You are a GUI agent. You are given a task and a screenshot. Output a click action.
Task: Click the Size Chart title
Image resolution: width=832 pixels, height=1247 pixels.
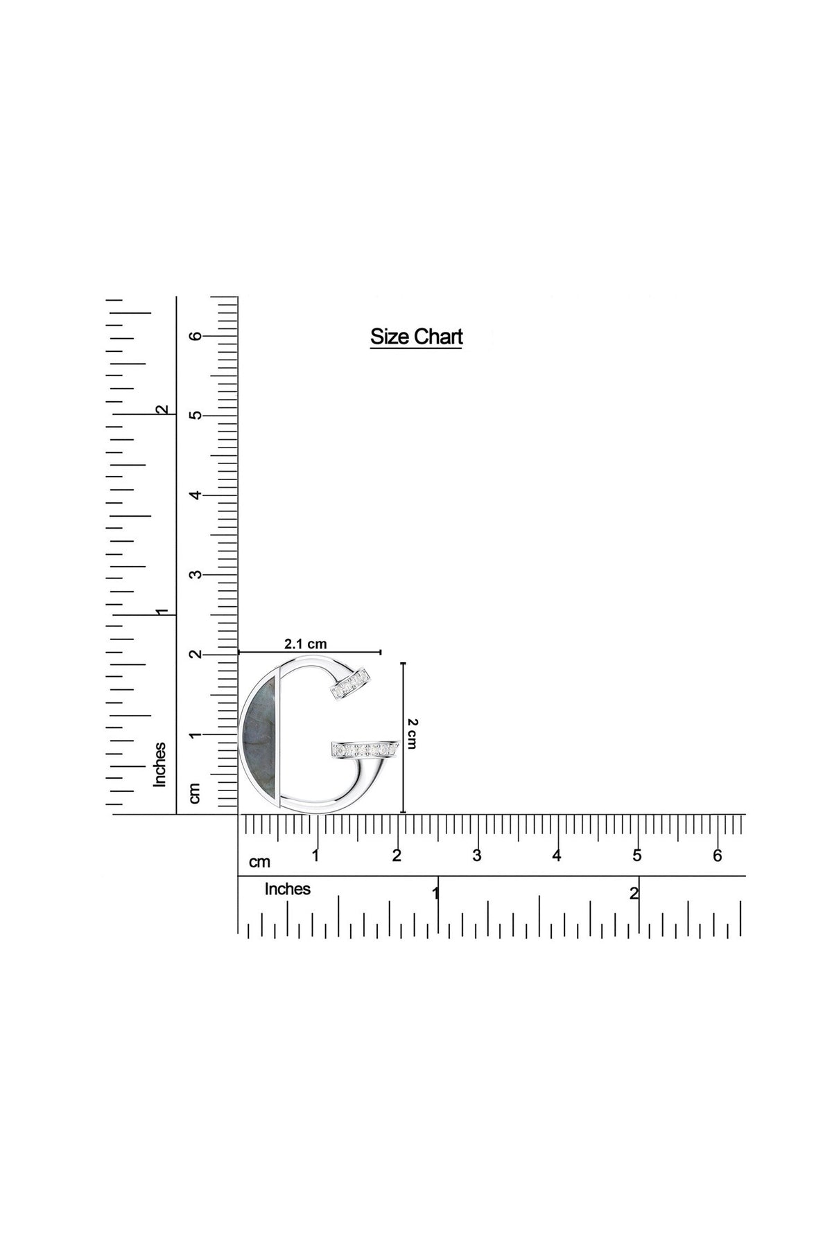[416, 337]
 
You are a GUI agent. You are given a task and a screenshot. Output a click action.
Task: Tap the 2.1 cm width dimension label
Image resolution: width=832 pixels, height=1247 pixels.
[306, 644]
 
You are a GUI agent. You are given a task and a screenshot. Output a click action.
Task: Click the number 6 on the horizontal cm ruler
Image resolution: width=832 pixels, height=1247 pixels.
[717, 856]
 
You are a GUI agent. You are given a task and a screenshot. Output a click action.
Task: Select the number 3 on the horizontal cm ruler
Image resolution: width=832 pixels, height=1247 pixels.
[476, 856]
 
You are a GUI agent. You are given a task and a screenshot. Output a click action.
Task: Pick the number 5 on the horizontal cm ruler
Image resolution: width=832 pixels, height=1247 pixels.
[636, 856]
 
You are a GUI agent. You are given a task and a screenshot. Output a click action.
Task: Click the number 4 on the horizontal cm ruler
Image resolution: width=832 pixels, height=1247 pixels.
[556, 856]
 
